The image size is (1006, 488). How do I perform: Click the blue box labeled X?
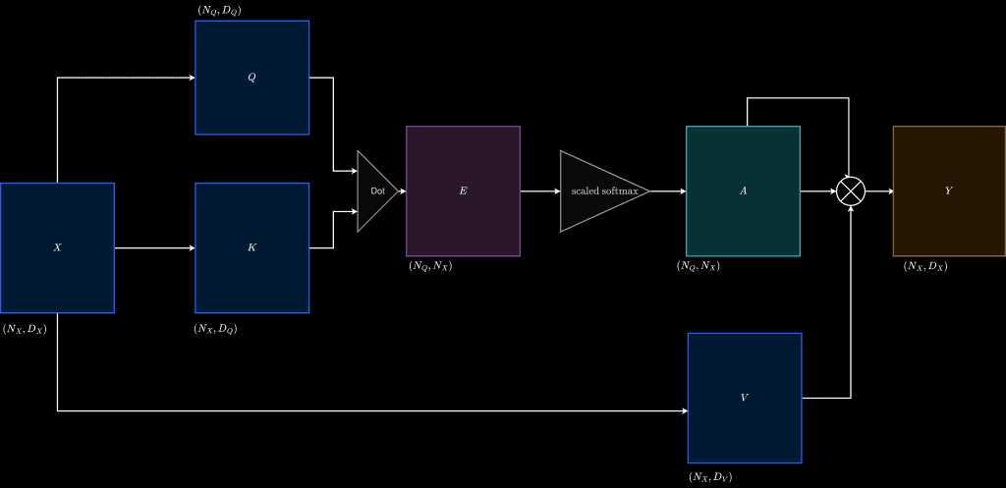click(57, 248)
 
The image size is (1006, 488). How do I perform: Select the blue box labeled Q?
click(252, 78)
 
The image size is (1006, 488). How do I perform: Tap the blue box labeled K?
click(252, 248)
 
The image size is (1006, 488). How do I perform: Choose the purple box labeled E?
click(464, 191)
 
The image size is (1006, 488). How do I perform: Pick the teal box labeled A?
click(743, 191)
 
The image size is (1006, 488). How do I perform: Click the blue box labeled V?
click(745, 398)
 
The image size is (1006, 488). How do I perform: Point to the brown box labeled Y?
click(950, 191)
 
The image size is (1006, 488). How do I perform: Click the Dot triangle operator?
click(377, 191)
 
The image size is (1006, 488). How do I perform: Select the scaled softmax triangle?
click(604, 191)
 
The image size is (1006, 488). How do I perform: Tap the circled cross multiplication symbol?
click(851, 191)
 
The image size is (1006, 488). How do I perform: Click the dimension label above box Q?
click(219, 10)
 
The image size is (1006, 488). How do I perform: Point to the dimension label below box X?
click(25, 330)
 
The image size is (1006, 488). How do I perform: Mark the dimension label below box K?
click(215, 330)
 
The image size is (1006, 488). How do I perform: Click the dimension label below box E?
click(430, 266)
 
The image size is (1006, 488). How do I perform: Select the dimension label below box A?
click(699, 266)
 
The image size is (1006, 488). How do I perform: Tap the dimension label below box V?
click(710, 477)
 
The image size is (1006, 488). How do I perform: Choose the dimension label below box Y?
click(925, 266)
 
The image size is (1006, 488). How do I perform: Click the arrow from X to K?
click(154, 248)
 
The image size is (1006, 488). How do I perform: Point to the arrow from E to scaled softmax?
click(540, 191)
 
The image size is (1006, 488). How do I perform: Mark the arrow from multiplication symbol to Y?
click(879, 191)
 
